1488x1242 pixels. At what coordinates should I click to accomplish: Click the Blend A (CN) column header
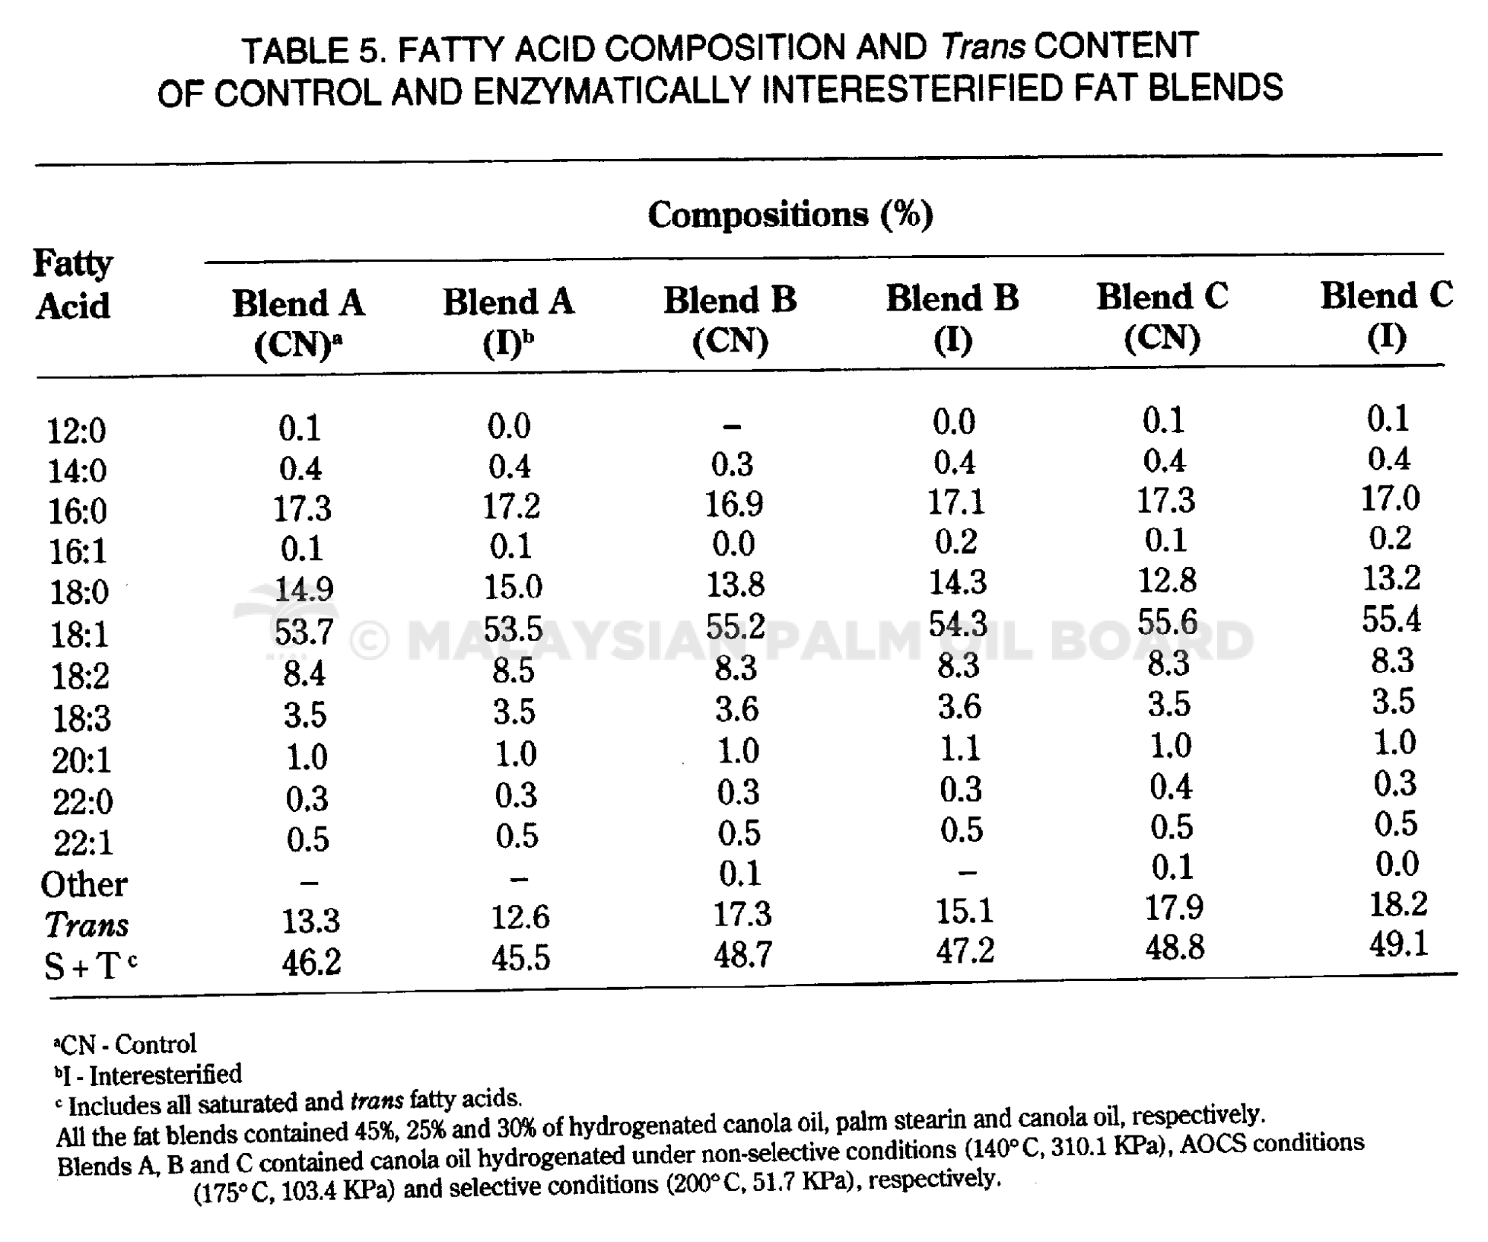point(298,323)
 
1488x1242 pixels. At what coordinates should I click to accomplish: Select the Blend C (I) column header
point(1386,316)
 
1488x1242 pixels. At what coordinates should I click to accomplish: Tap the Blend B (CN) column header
point(730,320)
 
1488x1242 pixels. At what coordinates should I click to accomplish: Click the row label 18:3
point(81,718)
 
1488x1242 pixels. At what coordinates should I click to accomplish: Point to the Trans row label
point(86,925)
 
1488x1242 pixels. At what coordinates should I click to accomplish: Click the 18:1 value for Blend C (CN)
point(1168,623)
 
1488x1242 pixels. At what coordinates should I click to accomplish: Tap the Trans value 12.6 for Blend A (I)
point(520,917)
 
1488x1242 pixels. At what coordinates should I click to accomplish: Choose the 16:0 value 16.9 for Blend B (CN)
point(734,504)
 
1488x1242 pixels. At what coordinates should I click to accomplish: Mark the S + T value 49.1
point(1398,944)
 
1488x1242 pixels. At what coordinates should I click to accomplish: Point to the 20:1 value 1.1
point(961,749)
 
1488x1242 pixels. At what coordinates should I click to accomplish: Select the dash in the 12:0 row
point(732,427)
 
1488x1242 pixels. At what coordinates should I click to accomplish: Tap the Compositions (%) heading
point(790,214)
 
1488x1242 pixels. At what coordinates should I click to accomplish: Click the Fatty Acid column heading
point(73,285)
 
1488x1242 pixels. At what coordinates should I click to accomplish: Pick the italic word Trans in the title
point(983,47)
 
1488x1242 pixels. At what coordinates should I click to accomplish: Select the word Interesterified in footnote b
point(166,1075)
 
